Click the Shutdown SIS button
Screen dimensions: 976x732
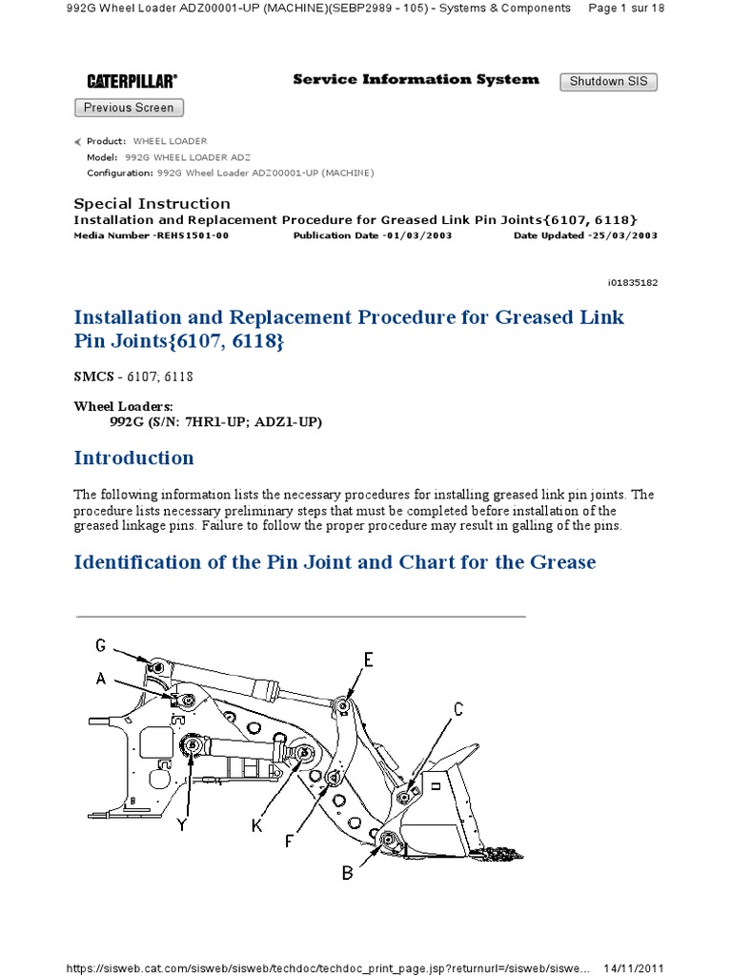point(608,82)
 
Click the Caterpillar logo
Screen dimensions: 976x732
point(132,82)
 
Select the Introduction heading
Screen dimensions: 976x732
point(133,457)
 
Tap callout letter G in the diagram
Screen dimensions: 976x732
point(100,645)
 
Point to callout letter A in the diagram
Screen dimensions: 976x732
point(100,679)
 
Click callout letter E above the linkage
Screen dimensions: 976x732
point(368,659)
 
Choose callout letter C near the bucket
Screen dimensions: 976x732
point(458,708)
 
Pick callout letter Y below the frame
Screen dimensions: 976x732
point(181,825)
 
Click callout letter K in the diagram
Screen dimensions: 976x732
point(256,826)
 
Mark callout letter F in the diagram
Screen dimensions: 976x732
point(290,843)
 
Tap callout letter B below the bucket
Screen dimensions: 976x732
point(348,872)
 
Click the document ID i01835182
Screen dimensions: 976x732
point(632,283)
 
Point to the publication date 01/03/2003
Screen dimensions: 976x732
point(417,235)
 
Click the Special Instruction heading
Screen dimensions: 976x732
point(152,204)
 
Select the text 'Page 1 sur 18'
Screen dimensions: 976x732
point(626,8)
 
